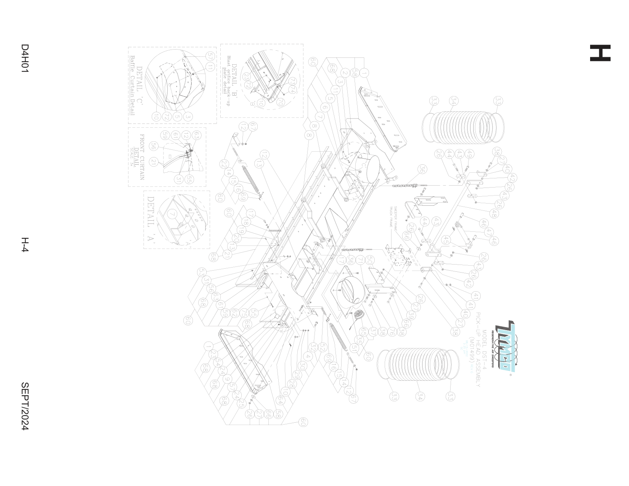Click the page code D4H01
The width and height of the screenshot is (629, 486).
pyautogui.click(x=25, y=58)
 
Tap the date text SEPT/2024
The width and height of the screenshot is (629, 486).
pyautogui.click(x=25, y=406)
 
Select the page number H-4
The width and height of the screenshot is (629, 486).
pyautogui.click(x=25, y=245)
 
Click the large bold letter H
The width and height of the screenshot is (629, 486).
pyautogui.click(x=600, y=53)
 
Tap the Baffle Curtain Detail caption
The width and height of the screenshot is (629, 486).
pyautogui.click(x=132, y=85)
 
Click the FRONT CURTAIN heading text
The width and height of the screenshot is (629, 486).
pyautogui.click(x=142, y=157)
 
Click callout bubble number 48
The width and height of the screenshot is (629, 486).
pyautogui.click(x=493, y=213)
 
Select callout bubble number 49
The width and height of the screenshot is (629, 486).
pyautogui.click(x=469, y=154)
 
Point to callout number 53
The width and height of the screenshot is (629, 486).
pyautogui.click(x=201, y=272)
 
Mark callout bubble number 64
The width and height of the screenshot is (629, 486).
pyautogui.click(x=280, y=401)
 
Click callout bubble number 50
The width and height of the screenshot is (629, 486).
pyautogui.click(x=369, y=260)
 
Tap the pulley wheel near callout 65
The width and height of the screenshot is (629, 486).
pyautogui.click(x=358, y=315)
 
